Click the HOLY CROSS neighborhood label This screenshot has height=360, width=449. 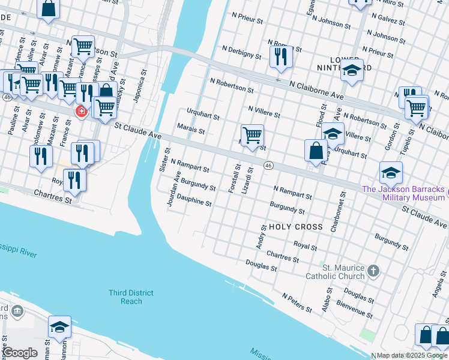coord(296,227)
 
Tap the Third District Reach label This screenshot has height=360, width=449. coord(131,297)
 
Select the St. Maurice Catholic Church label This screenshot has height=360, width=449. coord(343,272)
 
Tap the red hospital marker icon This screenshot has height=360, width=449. coord(81,112)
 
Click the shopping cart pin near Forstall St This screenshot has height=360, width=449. coord(253,135)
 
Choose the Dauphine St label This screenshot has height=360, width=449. coord(194,203)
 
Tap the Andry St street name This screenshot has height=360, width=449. coord(261,238)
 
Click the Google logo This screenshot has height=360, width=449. coord(20,353)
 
